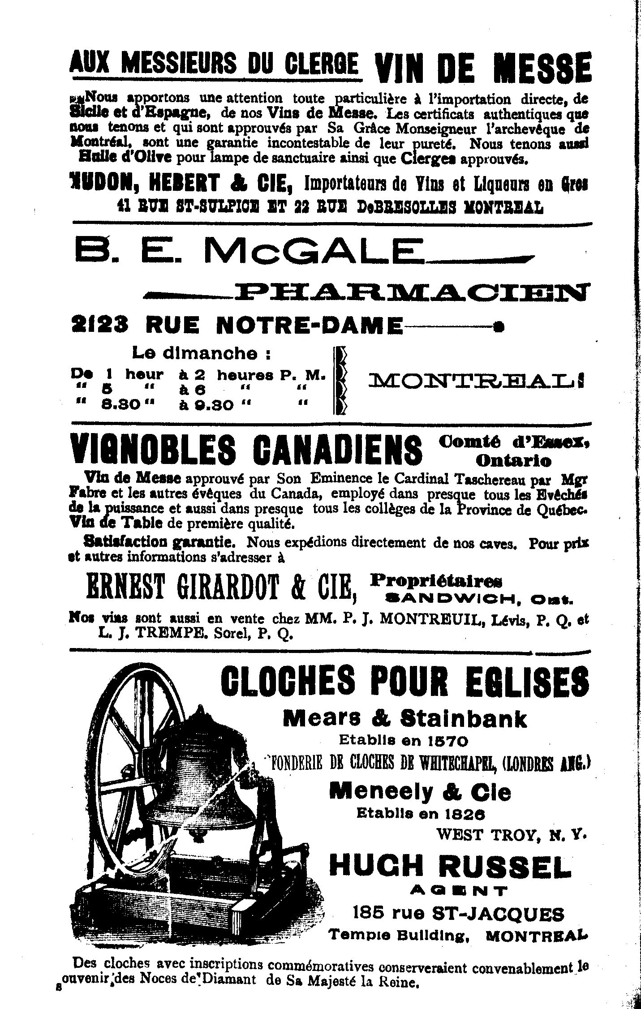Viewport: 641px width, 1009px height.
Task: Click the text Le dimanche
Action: [x=201, y=353]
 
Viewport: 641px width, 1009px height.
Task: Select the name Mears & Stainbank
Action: [x=405, y=719]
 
